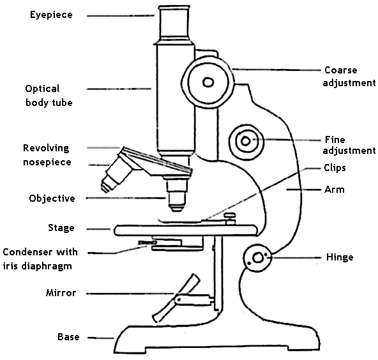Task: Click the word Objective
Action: [x=52, y=199]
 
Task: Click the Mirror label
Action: [x=61, y=294]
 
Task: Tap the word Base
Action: [x=68, y=337]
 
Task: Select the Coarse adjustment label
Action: [x=349, y=76]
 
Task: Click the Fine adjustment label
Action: [x=349, y=145]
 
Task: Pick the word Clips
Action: [x=335, y=168]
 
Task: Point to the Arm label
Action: [x=334, y=190]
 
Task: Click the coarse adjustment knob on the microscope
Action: [x=208, y=81]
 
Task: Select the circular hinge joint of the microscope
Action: [x=257, y=258]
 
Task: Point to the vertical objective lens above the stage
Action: [x=176, y=195]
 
